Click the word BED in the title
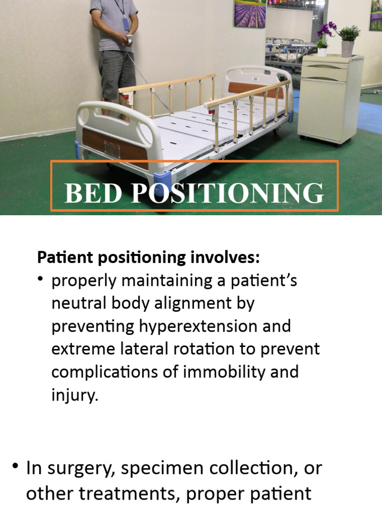pos(93,193)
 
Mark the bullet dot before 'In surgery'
pos(15,466)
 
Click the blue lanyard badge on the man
pos(126,23)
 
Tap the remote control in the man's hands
pos(130,38)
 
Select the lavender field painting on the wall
pos(250,13)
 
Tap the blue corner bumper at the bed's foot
pos(162,177)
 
